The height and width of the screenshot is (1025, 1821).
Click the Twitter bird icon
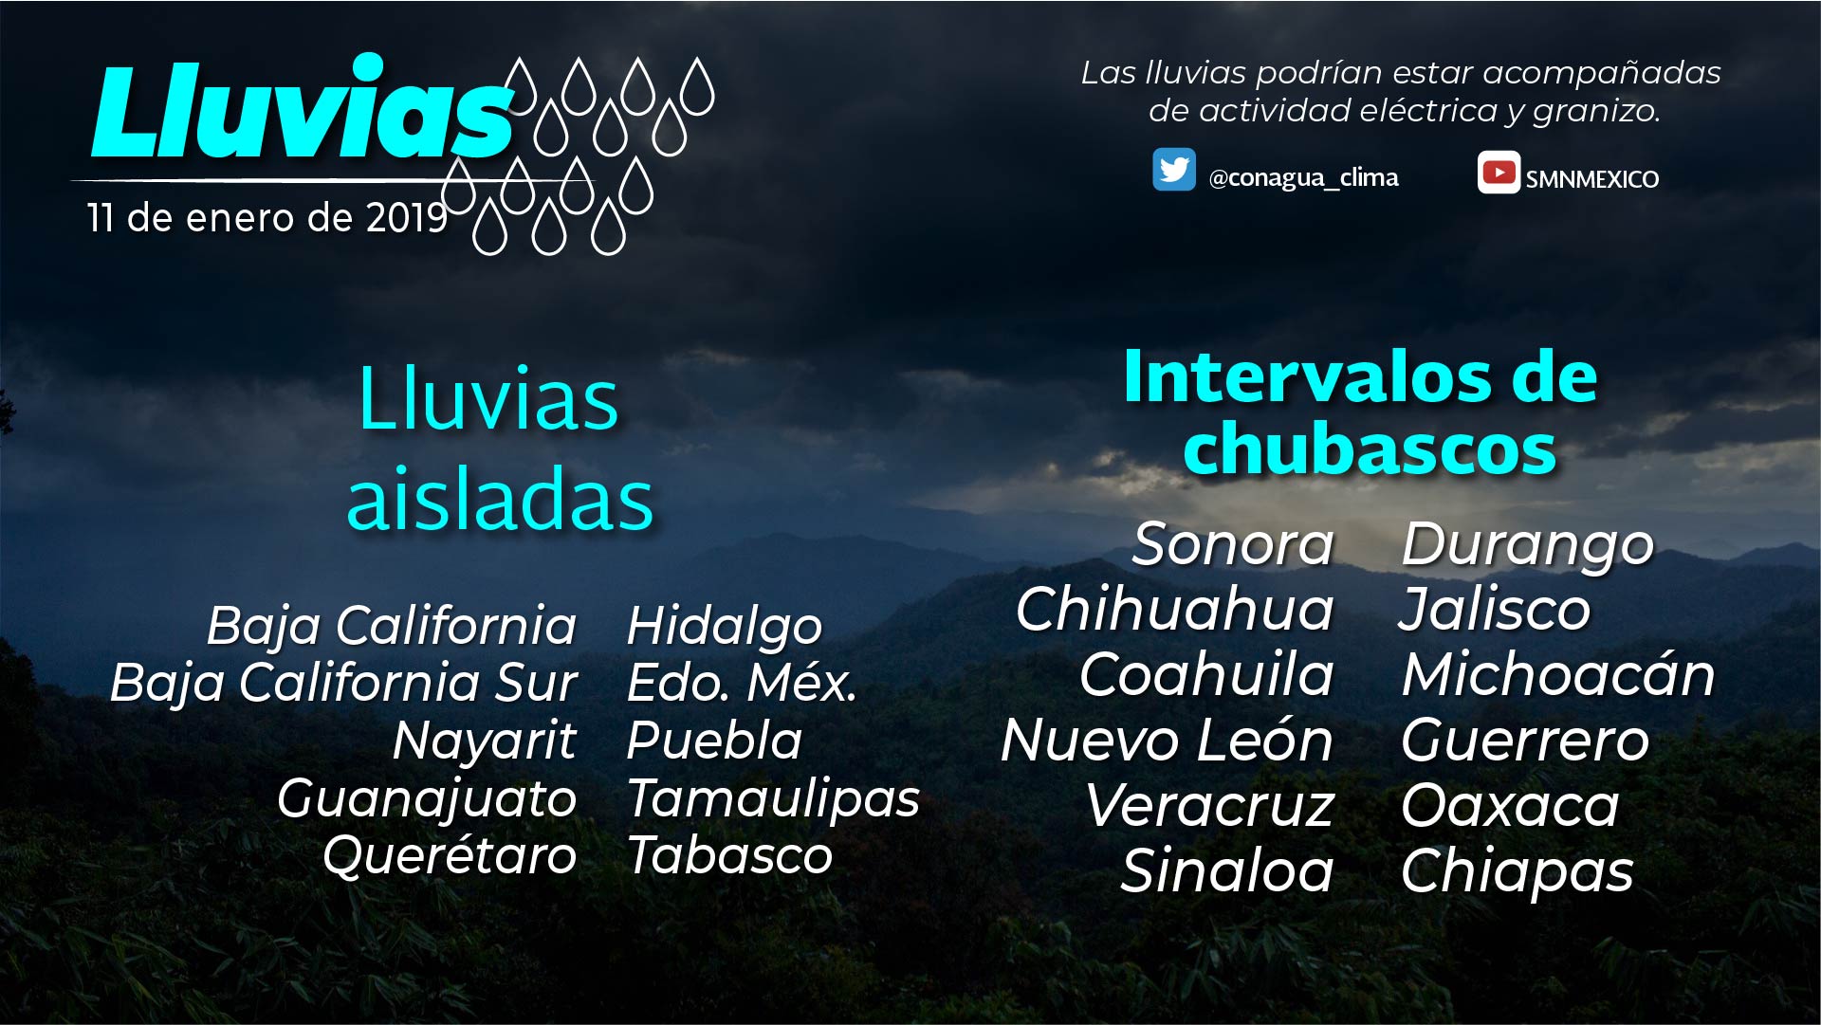(1174, 170)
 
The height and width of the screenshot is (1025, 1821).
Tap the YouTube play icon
(1499, 173)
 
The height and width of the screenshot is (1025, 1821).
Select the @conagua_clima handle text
(1303, 177)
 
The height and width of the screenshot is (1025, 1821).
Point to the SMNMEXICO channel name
(1592, 178)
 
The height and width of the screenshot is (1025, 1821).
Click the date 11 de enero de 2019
(267, 218)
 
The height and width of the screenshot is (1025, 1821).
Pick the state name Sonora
(1233, 544)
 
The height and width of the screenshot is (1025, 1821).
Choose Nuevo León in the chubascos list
(1168, 740)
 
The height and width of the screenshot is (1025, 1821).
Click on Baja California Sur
(343, 683)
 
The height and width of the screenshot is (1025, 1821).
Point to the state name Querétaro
(451, 855)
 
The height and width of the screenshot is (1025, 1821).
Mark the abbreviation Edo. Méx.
(742, 683)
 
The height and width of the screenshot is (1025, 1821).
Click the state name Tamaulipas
(773, 798)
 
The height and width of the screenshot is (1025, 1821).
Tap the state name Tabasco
(730, 855)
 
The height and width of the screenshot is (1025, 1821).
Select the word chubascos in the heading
(1370, 448)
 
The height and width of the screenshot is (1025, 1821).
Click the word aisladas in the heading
(500, 499)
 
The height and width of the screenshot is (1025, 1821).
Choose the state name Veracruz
(1210, 806)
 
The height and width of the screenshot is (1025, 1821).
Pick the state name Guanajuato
(427, 799)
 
